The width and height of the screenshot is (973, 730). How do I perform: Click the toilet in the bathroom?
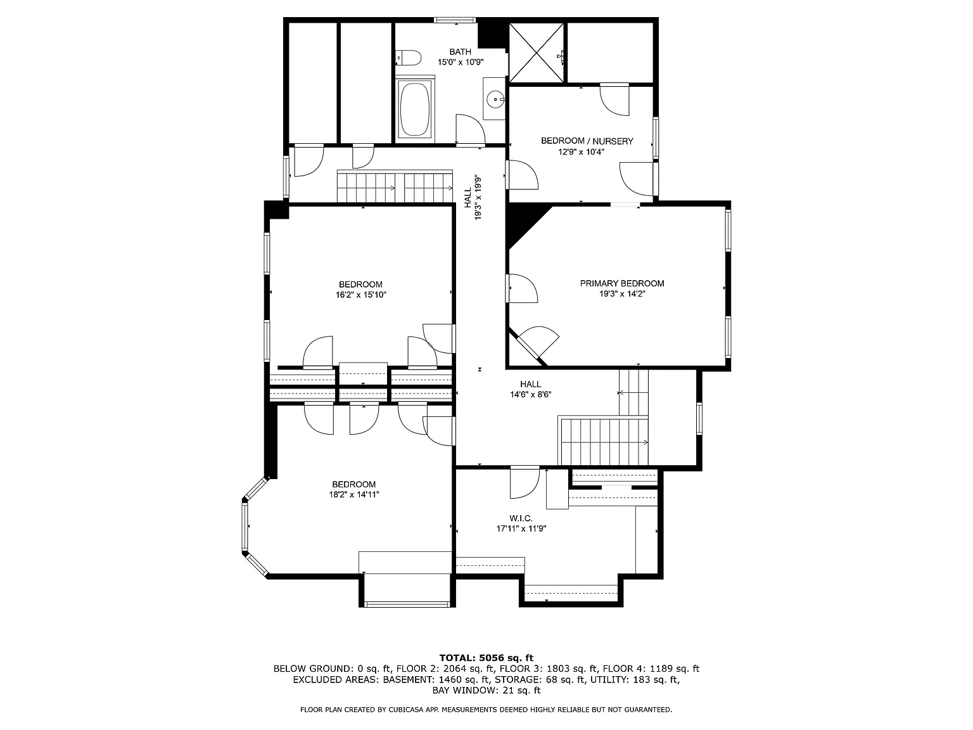[x=409, y=58]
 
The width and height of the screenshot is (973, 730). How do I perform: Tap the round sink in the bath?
[x=495, y=98]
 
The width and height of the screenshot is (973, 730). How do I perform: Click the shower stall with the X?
[x=536, y=52]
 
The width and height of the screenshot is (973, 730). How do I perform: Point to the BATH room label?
[x=461, y=52]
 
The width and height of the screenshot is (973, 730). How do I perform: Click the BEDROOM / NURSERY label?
[x=587, y=141]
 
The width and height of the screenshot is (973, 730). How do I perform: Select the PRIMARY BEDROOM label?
[x=622, y=283]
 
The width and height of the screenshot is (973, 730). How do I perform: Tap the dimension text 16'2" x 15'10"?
[x=360, y=295]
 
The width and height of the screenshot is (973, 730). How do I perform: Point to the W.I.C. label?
[x=521, y=518]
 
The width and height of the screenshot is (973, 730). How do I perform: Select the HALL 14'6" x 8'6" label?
[x=531, y=389]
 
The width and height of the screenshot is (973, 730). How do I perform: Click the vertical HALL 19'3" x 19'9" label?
[x=473, y=197]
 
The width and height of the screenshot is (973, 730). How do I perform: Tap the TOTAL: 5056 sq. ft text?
[x=486, y=658]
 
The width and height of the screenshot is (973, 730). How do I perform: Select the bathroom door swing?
[x=469, y=130]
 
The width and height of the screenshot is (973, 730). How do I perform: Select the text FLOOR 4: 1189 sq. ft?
[x=651, y=669]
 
